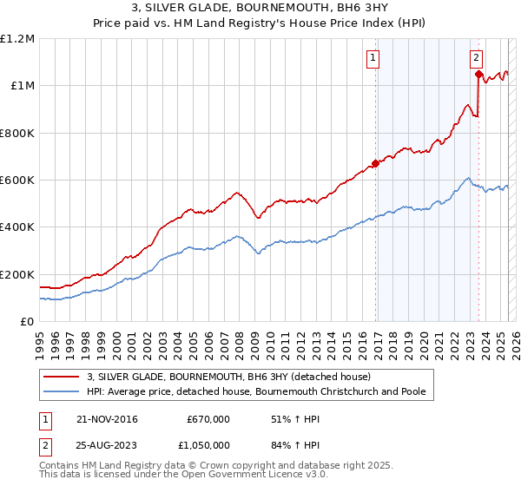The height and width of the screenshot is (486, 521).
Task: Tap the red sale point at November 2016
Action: pos(375,163)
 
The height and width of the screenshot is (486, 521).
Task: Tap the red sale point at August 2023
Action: pos(478,75)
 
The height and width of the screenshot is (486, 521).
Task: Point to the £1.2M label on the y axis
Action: pos(18,39)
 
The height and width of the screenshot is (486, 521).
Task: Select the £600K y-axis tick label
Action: pos(17,181)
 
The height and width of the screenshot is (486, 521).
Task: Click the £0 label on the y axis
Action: pos(27,322)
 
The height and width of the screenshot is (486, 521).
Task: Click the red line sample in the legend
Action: pos(62,377)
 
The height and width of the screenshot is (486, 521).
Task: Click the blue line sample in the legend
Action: pos(62,392)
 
